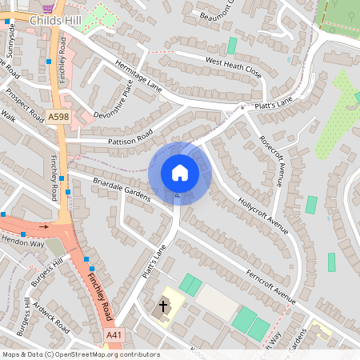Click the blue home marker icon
coord(180,173)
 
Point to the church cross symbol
coord(163,306)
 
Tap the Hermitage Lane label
coord(138,76)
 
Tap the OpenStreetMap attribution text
coord(81,354)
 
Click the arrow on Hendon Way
coord(43,226)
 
